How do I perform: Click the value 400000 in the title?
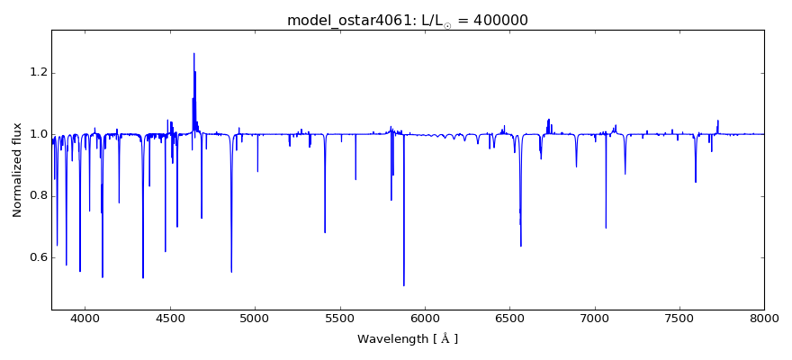[x=498, y=20]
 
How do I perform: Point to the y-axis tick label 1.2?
[x=36, y=73]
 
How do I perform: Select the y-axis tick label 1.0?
[x=36, y=134]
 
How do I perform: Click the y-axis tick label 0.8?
[x=36, y=196]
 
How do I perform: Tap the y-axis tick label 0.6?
[x=36, y=257]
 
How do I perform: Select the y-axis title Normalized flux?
[x=17, y=170]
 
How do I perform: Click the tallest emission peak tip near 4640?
[x=193, y=53]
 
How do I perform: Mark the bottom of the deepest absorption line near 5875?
[x=403, y=285]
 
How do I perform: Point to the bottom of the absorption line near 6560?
[x=520, y=246]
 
